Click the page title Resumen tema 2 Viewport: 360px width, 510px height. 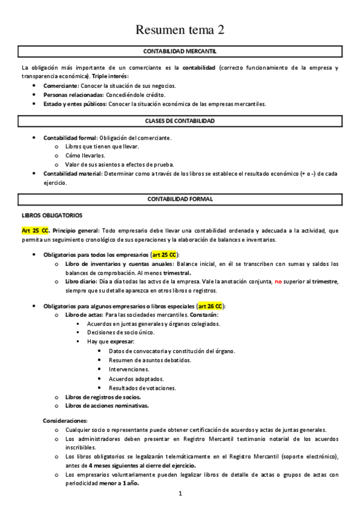click(180, 29)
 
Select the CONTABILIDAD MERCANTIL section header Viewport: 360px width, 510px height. click(180, 52)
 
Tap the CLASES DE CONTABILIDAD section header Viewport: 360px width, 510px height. click(180, 121)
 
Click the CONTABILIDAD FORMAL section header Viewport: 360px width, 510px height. click(180, 198)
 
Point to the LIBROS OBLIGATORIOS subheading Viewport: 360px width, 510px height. click(52, 215)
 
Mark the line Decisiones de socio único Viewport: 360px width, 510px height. click(120, 333)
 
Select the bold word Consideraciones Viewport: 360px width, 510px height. click(66, 420)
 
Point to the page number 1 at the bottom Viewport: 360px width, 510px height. click(180, 494)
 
